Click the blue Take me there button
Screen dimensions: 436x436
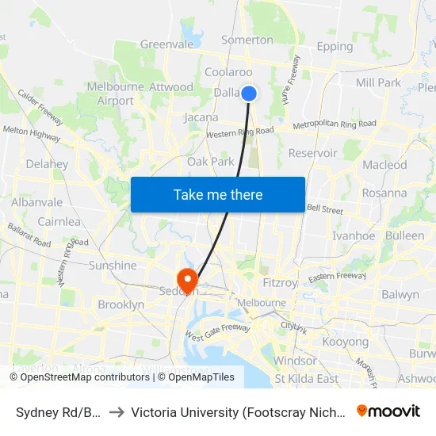218,194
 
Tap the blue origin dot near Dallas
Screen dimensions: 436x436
249,94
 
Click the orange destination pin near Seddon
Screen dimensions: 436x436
188,280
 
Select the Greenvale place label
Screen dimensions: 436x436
166,44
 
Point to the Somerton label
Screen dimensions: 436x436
247,40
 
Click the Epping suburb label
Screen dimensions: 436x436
335,47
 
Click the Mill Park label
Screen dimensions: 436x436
378,82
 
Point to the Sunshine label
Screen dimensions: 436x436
113,266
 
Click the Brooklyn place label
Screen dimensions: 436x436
120,304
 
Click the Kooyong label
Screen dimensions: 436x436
346,342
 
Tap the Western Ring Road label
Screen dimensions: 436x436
240,132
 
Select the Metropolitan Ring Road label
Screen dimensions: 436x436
335,124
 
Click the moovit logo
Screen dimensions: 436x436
388,411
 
